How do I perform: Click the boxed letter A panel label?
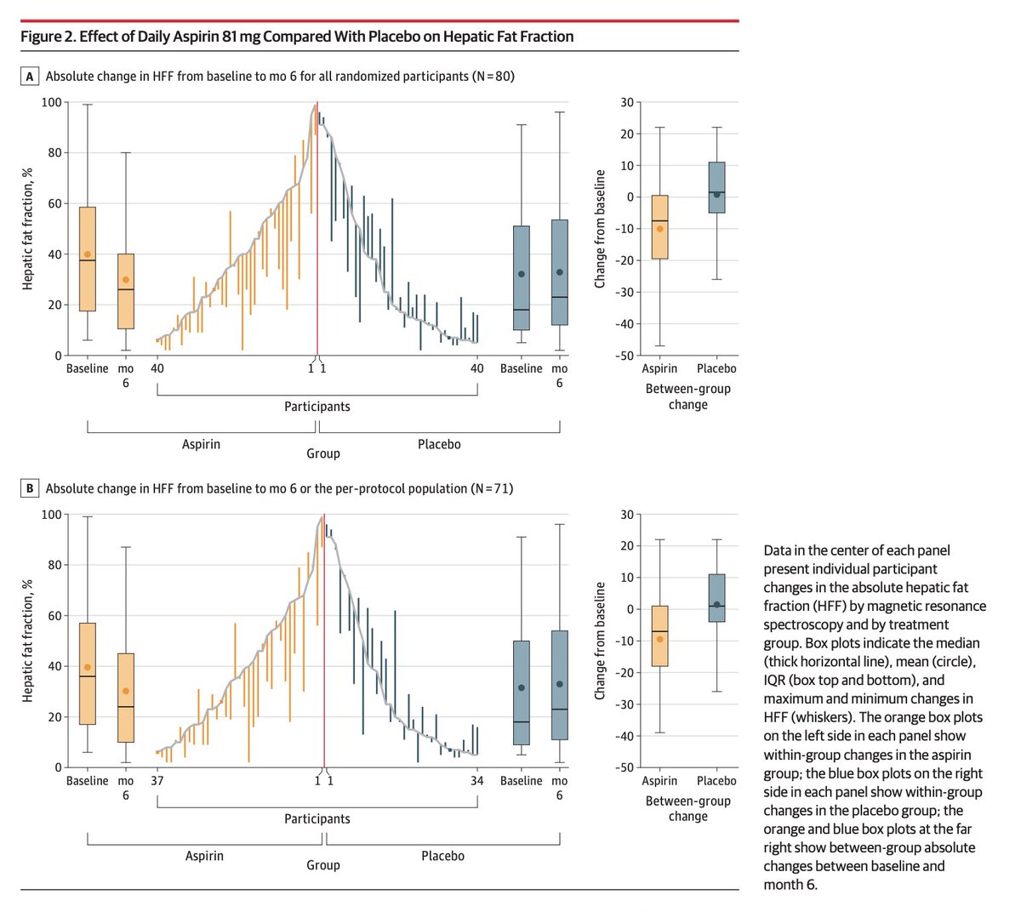(30, 77)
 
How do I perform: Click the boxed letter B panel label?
(30, 488)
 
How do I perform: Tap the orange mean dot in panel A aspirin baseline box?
(88, 254)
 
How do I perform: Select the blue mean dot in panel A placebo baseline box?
(522, 274)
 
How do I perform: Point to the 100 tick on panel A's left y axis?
(52, 102)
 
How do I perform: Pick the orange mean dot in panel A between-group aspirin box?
(659, 229)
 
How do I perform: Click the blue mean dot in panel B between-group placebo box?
(716, 605)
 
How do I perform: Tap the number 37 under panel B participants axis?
(157, 781)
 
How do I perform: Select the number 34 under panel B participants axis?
(477, 781)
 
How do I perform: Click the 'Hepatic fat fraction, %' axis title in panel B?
(28, 641)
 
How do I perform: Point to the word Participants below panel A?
(317, 407)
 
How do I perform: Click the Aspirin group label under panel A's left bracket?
(201, 444)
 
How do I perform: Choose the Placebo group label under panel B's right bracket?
(442, 856)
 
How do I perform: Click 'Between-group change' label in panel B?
(687, 808)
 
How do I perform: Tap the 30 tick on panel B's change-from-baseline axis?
(627, 515)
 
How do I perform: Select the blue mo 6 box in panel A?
(559, 272)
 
